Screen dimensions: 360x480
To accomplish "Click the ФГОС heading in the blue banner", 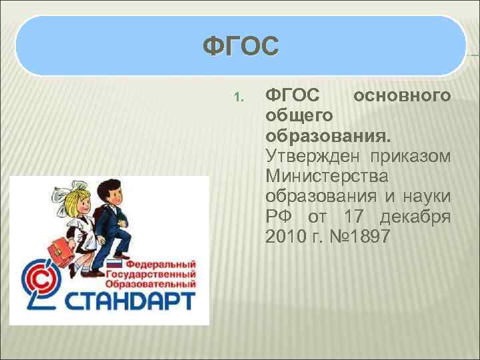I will coord(240,47).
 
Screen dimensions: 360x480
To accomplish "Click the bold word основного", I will coord(402,95).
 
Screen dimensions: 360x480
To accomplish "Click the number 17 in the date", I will coord(356,217).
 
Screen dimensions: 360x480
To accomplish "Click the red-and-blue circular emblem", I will coord(39,283).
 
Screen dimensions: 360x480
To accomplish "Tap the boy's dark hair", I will coord(110,183).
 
